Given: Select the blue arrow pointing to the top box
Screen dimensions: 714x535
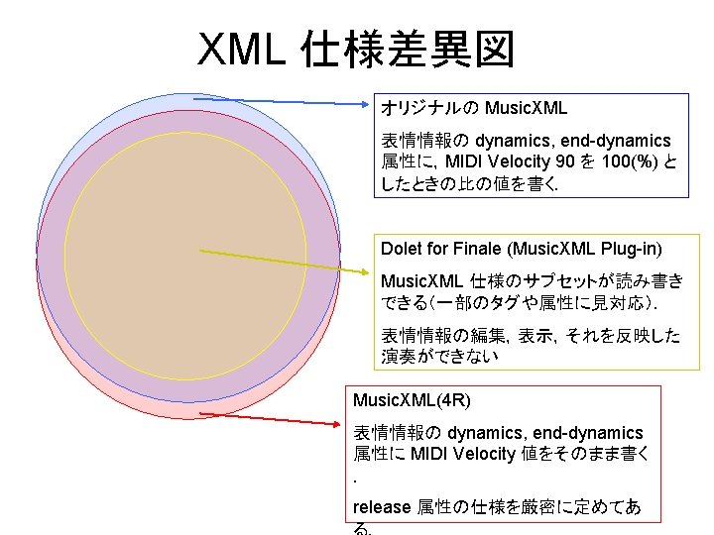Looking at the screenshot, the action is click(x=297, y=100).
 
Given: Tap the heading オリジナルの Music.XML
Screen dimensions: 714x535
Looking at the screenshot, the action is click(x=474, y=106).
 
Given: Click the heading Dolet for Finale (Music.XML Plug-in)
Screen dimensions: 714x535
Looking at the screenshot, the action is click(x=522, y=247).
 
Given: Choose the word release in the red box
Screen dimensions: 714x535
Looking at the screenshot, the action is click(x=382, y=506).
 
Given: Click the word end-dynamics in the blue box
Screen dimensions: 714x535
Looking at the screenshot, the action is click(x=613, y=141).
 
